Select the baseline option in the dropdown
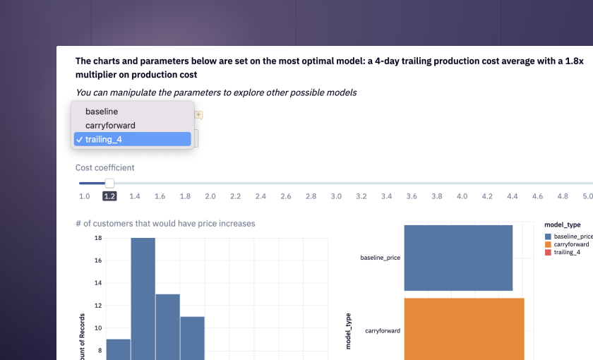[102, 112]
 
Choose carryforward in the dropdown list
[110, 126]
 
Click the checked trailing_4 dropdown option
[103, 140]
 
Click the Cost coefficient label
[104, 168]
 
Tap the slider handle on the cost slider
[109, 184]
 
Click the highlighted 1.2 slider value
[109, 196]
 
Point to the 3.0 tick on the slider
[336, 196]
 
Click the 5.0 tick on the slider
[587, 196]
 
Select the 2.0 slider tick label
[210, 196]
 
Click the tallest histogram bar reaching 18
[143, 296]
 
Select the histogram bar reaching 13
[168, 325]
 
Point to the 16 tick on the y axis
[98, 260]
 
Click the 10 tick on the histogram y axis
[98, 328]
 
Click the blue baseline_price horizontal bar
[458, 258]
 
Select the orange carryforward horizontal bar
[464, 328]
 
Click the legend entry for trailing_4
[567, 252]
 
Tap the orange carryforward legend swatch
[549, 244]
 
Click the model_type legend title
[563, 224]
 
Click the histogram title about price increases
[165, 224]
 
